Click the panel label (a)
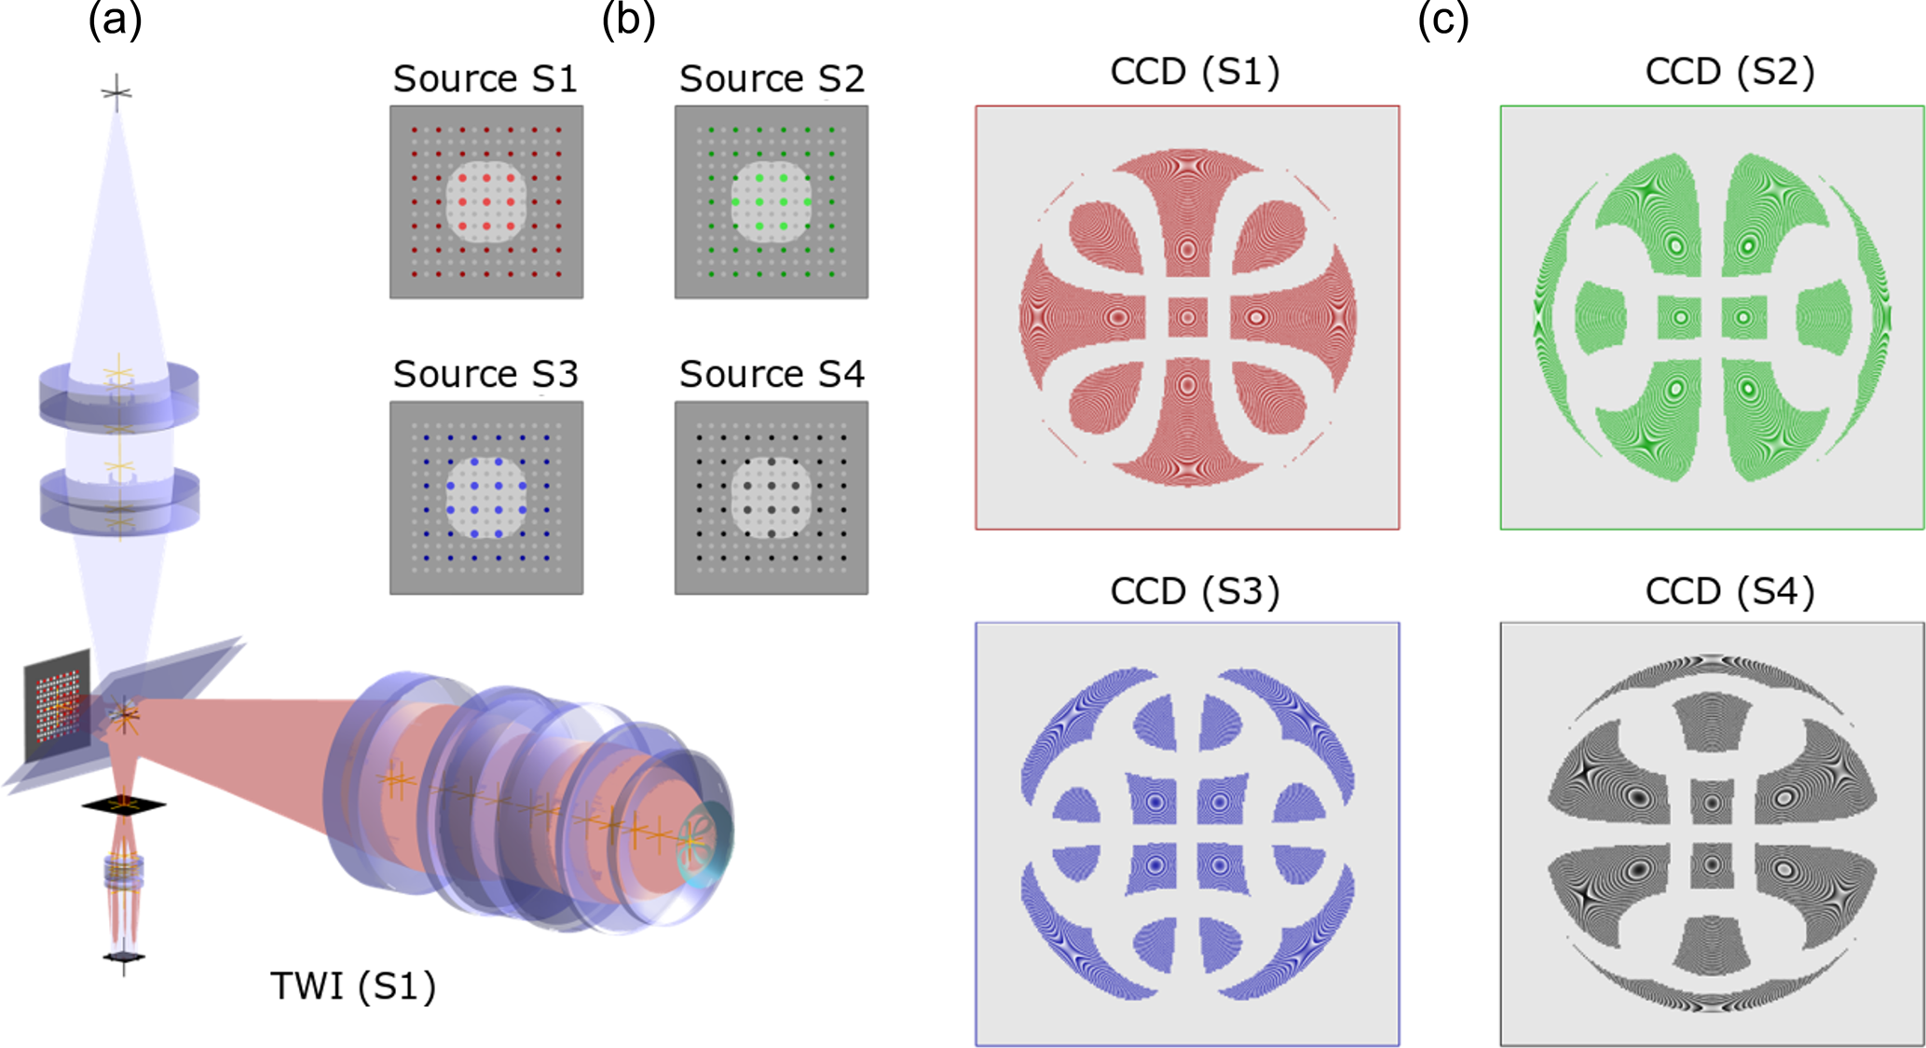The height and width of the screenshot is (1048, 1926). click(x=115, y=20)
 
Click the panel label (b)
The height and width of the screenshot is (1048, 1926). click(x=628, y=20)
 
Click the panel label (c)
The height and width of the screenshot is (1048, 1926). click(x=1442, y=20)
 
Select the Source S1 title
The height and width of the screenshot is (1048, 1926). click(x=485, y=78)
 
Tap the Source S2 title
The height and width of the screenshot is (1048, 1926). click(x=772, y=78)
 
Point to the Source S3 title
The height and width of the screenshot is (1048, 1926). click(x=485, y=374)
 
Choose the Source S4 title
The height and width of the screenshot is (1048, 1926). click(x=772, y=374)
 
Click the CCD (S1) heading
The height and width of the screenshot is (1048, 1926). click(x=1195, y=72)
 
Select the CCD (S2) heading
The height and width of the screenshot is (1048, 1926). click(x=1730, y=72)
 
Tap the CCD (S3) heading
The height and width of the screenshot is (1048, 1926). click(x=1195, y=591)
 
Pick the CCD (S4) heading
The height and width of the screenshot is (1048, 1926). click(x=1730, y=591)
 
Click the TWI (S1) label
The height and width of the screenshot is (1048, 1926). click(x=353, y=986)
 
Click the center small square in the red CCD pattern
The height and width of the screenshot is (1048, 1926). click(x=1187, y=317)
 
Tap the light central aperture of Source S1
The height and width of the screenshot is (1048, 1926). click(x=486, y=202)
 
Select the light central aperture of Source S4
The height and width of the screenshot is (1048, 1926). click(x=772, y=497)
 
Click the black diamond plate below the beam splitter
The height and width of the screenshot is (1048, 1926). click(x=123, y=804)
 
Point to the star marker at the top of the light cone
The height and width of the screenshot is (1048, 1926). click(x=116, y=92)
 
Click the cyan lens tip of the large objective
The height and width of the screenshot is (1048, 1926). click(x=705, y=841)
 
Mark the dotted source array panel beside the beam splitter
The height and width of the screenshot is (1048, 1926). click(x=57, y=706)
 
